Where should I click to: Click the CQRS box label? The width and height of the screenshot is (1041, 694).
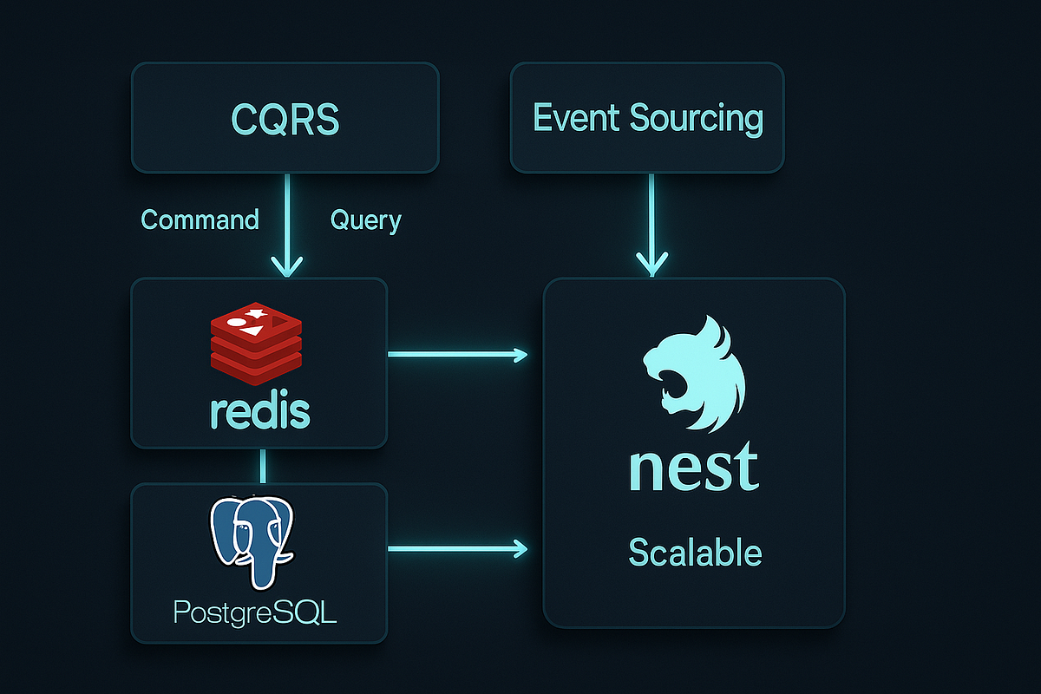[x=285, y=118]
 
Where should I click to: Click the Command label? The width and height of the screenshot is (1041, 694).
[x=200, y=219]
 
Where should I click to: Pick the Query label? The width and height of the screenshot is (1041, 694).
[x=365, y=220]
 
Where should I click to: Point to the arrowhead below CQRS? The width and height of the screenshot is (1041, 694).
[x=285, y=264]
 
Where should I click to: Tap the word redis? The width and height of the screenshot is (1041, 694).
[x=259, y=413]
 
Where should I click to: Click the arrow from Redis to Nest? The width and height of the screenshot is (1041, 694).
[x=458, y=354]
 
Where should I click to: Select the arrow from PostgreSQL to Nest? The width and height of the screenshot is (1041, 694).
[x=458, y=547]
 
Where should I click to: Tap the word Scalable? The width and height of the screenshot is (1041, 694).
[x=695, y=552]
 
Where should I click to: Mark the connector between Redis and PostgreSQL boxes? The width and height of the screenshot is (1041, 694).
[x=263, y=466]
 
